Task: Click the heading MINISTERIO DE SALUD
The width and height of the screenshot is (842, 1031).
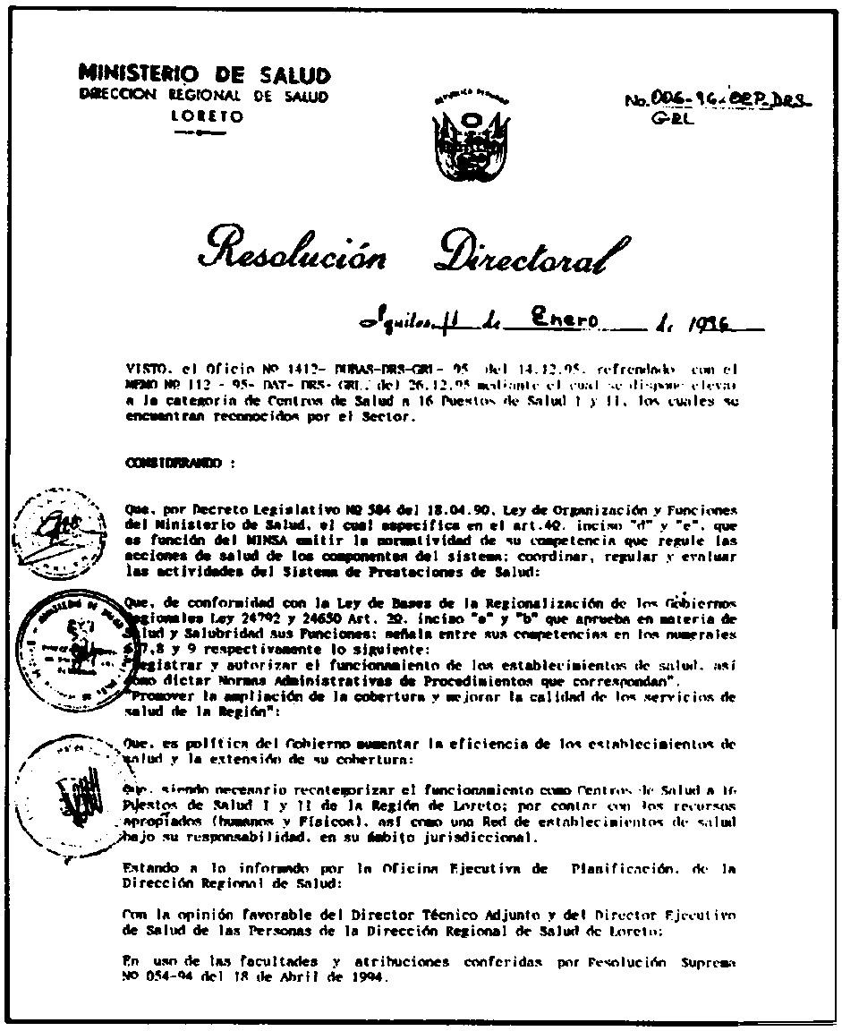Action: pyautogui.click(x=205, y=75)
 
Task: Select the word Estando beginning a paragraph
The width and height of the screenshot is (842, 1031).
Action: pyautogui.click(x=150, y=868)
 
